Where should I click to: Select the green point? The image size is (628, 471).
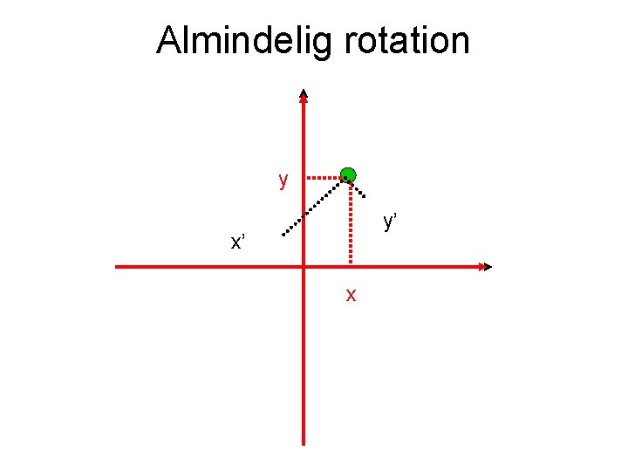click(348, 174)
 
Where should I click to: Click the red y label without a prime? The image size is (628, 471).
click(283, 181)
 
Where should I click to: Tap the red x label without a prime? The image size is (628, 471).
click(351, 295)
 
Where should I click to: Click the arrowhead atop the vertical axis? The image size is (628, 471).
click(303, 95)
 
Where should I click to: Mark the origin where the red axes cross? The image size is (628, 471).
click(303, 266)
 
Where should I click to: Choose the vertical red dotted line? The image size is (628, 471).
click(350, 222)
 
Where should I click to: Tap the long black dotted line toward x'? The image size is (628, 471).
click(314, 206)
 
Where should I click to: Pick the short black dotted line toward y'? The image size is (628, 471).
click(358, 187)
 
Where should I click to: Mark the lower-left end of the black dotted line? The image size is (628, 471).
click(283, 235)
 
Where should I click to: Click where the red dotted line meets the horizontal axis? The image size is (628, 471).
click(350, 265)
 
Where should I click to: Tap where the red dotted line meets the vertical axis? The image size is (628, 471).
click(304, 175)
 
